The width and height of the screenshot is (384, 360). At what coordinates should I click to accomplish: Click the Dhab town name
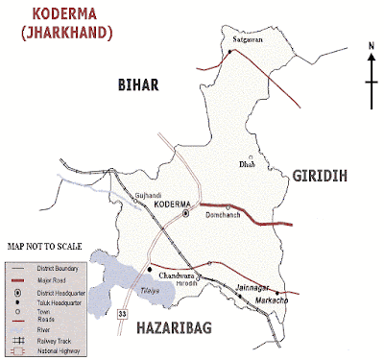click(x=247, y=165)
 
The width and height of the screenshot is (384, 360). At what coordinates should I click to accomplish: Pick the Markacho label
click(x=275, y=301)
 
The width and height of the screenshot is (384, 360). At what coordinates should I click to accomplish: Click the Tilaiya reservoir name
click(x=142, y=293)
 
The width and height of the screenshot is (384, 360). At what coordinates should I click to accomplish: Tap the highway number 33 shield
click(x=122, y=313)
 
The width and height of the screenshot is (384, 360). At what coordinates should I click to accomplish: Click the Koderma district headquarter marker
click(x=186, y=214)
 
